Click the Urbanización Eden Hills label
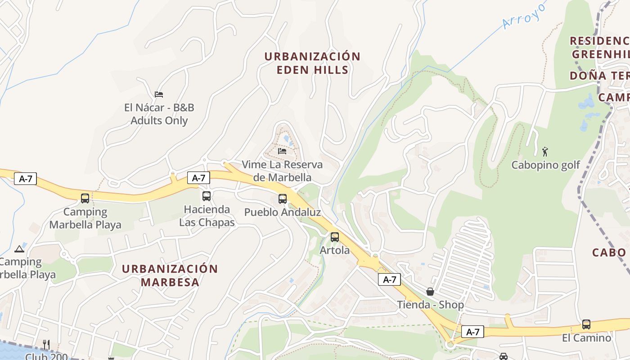click(312, 63)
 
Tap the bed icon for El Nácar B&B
click(159, 94)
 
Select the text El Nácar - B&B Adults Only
click(159, 114)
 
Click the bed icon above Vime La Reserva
click(282, 151)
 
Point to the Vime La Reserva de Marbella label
click(282, 171)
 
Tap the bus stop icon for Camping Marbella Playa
click(85, 198)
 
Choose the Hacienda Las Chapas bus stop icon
click(207, 196)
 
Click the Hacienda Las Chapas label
click(207, 216)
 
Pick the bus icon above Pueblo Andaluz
click(283, 198)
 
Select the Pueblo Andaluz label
click(283, 212)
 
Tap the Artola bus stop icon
click(335, 237)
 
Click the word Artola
click(335, 250)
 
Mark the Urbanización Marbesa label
click(170, 275)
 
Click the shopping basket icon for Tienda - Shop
click(430, 291)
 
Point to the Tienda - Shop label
click(430, 305)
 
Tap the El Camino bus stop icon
click(586, 324)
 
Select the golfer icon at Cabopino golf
click(545, 151)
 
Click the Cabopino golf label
click(546, 165)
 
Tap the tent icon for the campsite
click(19, 249)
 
